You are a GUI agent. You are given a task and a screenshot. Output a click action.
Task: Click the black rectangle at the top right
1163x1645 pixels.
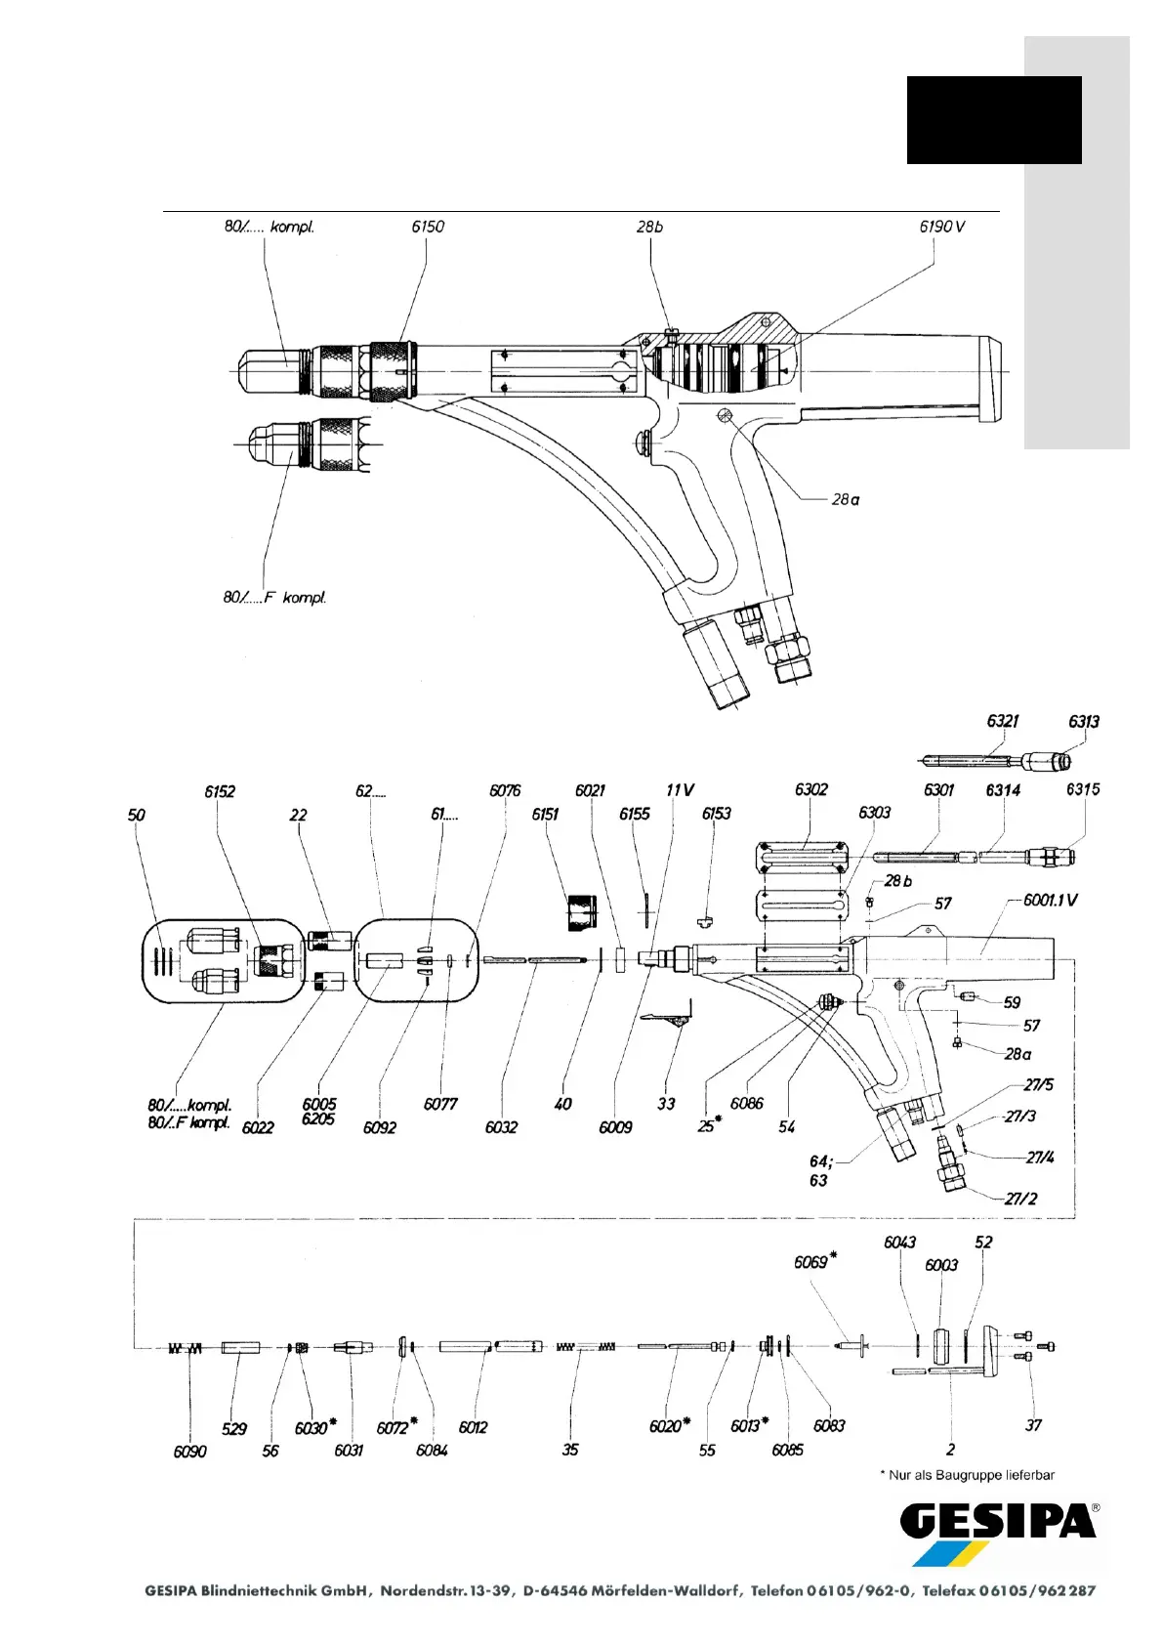(993, 120)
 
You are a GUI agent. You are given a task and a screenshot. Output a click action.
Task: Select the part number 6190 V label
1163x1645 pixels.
(941, 227)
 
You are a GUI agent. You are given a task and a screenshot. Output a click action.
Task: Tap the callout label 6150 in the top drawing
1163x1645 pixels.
(428, 227)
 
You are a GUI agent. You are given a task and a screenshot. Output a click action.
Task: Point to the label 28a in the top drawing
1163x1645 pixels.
(846, 499)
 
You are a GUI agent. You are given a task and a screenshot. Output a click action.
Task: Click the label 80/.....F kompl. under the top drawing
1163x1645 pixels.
(274, 597)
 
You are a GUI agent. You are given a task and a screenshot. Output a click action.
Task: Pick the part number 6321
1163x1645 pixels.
(1002, 721)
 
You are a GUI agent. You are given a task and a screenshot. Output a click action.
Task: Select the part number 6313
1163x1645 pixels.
(1083, 721)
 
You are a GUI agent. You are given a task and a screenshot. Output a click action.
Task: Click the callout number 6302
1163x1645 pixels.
(810, 789)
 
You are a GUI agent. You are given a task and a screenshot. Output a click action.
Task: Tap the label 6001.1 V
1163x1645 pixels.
(1050, 900)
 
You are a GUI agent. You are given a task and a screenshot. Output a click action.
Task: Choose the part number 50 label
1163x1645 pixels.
(137, 815)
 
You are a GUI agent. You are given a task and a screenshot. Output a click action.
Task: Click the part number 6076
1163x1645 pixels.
(505, 790)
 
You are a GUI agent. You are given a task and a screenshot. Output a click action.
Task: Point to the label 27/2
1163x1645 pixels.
(1020, 1199)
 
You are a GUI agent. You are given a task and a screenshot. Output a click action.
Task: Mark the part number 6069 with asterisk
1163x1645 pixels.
(814, 1261)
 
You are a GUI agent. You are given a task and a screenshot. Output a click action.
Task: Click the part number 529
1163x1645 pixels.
(234, 1429)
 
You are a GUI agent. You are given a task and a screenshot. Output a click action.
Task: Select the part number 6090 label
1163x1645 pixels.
(190, 1452)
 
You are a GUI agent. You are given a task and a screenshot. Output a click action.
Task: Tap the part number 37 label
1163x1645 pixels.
(1033, 1425)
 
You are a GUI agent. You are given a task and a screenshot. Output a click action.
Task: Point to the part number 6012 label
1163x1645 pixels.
(473, 1427)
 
